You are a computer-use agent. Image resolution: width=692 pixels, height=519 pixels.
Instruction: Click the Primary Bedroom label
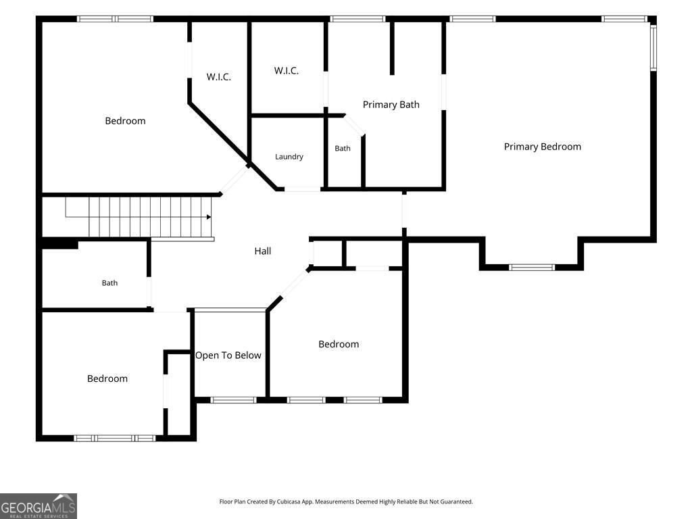(x=543, y=147)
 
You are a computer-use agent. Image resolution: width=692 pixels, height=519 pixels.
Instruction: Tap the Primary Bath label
(x=391, y=105)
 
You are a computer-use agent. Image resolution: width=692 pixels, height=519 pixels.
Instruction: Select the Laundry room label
(x=289, y=157)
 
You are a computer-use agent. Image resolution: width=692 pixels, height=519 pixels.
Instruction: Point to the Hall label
(x=263, y=251)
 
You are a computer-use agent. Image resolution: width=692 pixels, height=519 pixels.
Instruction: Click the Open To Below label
(x=228, y=355)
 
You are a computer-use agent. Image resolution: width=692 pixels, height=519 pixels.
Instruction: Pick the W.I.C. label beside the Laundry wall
(x=287, y=70)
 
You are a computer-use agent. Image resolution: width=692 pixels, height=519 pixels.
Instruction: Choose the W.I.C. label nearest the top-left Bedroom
(x=218, y=77)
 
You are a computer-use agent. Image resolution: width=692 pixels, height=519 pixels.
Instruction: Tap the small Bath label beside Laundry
(x=343, y=148)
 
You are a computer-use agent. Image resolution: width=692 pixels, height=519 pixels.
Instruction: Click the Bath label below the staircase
(x=110, y=283)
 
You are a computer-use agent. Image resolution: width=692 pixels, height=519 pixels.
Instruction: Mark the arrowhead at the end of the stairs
(x=209, y=217)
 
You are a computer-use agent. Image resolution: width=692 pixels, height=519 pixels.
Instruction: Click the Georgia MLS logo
(x=39, y=506)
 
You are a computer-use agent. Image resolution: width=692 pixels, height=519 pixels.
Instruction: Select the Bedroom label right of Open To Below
(x=339, y=344)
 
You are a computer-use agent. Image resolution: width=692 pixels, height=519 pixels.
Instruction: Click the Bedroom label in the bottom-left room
(x=107, y=378)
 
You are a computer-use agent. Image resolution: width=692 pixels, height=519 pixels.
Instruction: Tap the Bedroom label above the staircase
(x=125, y=121)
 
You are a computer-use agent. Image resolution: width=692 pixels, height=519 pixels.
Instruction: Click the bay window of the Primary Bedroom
(x=532, y=268)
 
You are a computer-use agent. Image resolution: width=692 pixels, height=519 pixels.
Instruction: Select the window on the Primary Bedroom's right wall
(x=653, y=47)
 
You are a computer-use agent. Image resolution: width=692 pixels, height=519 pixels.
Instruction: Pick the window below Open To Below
(x=233, y=400)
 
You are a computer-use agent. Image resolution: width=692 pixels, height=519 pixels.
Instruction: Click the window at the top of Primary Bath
(x=357, y=19)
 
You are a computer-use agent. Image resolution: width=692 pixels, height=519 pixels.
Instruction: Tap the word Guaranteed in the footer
(x=458, y=502)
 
